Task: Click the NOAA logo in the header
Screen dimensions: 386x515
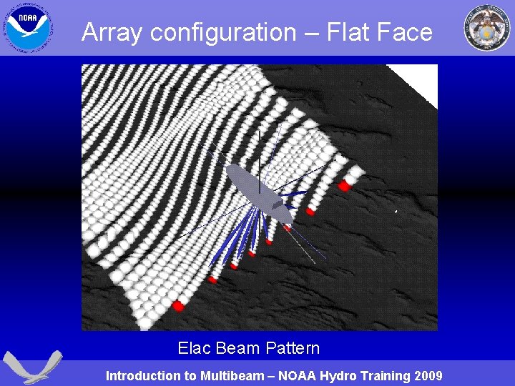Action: tap(26, 27)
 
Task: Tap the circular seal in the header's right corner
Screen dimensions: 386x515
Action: tap(487, 27)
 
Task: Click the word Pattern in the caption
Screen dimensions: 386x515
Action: tap(292, 349)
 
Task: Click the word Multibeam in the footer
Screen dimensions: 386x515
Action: tap(230, 376)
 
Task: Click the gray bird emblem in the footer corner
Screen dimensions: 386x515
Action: tap(32, 367)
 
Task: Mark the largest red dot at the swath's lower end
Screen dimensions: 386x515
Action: tap(178, 306)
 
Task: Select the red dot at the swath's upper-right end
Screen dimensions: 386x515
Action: tap(344, 186)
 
